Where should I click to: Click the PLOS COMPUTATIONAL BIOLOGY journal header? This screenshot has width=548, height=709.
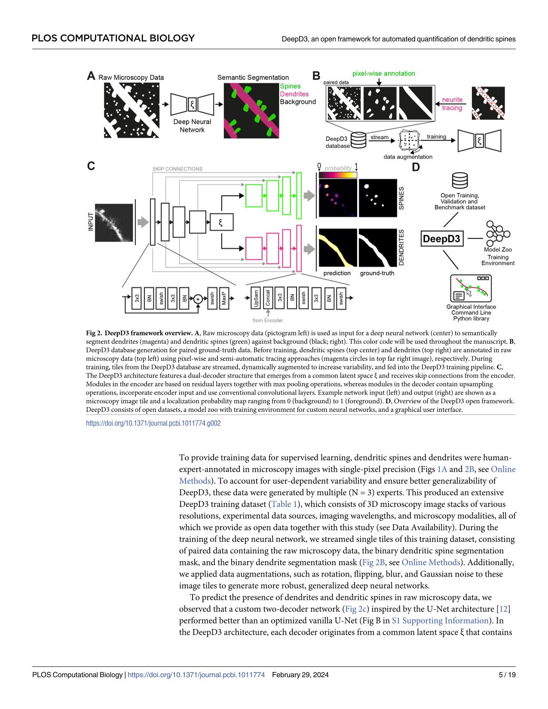113,38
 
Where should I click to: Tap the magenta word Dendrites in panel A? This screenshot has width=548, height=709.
294,94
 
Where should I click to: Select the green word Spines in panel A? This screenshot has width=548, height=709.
290,86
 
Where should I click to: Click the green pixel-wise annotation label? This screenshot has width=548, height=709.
383,74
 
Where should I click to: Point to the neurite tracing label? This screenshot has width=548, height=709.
452,104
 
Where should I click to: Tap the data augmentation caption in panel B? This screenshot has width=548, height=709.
408,157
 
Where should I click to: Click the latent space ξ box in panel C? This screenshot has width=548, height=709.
222,222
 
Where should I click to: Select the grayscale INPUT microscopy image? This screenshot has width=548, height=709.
113,222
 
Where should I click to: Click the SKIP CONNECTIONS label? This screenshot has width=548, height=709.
177,169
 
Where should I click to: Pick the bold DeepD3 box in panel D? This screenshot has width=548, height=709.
442,239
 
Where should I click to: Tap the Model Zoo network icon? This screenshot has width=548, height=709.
497,233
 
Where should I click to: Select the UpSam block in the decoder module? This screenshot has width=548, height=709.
256,298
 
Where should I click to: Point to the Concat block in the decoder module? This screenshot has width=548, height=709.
268,298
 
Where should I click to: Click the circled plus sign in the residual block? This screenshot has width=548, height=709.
198,298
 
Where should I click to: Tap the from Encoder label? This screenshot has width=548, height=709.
268,320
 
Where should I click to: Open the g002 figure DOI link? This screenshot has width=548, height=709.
153,423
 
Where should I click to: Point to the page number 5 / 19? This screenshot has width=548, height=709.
507,675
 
